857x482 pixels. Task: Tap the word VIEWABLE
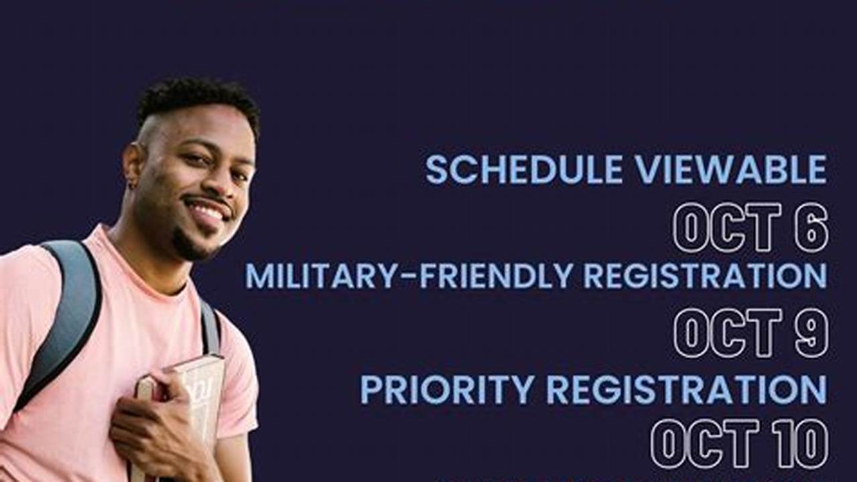(731, 169)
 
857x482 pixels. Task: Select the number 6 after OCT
(811, 227)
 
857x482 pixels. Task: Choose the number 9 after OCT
(811, 333)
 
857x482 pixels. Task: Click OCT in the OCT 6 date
(727, 227)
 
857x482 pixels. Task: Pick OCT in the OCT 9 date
(728, 333)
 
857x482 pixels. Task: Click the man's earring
(132, 185)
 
